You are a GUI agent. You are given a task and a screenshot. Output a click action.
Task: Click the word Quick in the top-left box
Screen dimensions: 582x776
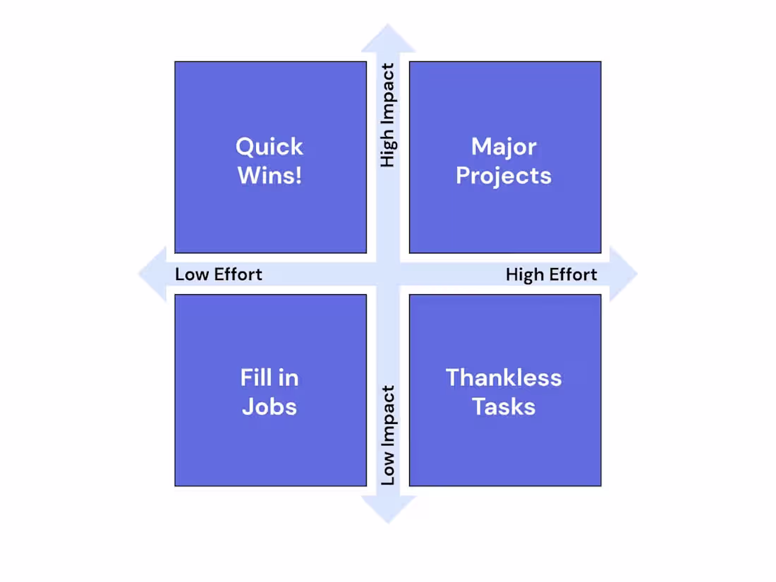point(269,147)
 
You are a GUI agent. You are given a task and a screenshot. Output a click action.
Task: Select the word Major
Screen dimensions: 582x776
point(504,147)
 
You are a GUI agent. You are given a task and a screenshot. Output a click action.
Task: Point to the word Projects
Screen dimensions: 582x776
point(504,176)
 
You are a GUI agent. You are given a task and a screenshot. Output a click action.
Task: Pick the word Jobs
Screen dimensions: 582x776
point(269,407)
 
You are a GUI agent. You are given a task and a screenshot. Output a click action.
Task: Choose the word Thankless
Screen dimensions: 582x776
point(504,378)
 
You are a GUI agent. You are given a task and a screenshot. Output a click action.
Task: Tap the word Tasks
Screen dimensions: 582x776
point(504,407)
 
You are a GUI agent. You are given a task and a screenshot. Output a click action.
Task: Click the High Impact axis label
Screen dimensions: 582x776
point(388,116)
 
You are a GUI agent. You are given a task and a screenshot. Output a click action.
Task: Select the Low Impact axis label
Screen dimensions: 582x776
point(388,435)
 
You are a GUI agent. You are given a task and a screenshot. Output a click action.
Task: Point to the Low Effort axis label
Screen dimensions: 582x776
point(219,274)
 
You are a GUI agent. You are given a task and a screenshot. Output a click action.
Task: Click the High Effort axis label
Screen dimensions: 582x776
point(552,274)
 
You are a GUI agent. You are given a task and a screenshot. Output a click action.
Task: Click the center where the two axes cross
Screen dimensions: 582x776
point(388,274)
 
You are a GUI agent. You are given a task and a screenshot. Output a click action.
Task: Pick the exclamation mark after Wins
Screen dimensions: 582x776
point(298,176)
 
